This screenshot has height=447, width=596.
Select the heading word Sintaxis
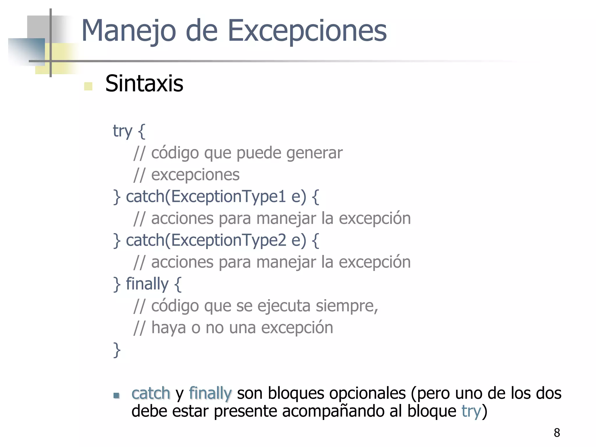pyautogui.click(x=144, y=84)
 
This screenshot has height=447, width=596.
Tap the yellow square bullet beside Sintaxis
pyautogui.click(x=88, y=86)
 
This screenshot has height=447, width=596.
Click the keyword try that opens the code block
pyautogui.click(x=123, y=131)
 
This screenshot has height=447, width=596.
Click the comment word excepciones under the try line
pyautogui.click(x=195, y=175)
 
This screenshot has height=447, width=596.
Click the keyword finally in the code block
pyautogui.click(x=147, y=284)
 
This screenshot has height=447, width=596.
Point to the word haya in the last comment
pyautogui.click(x=168, y=328)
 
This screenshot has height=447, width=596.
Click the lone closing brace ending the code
pyautogui.click(x=117, y=350)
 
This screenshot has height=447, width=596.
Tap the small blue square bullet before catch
pyautogui.click(x=116, y=395)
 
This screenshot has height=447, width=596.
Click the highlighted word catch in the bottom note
pyautogui.click(x=151, y=393)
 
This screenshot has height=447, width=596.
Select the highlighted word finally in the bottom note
pyautogui.click(x=210, y=393)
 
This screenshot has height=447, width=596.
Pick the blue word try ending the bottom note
pyautogui.click(x=471, y=411)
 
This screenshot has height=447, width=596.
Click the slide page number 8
pyautogui.click(x=557, y=433)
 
